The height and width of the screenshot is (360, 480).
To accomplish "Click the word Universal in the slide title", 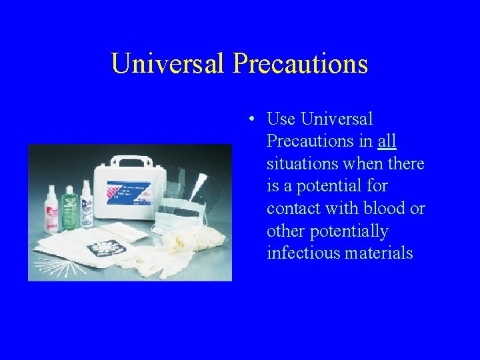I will click(168, 63).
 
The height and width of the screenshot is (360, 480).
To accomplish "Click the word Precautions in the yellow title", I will click(300, 63).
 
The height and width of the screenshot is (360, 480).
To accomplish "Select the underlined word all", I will click(387, 141).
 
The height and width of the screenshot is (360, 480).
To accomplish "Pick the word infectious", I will click(304, 253).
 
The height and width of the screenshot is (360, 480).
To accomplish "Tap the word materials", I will click(380, 253).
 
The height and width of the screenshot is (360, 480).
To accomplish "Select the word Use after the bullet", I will click(281, 119).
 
